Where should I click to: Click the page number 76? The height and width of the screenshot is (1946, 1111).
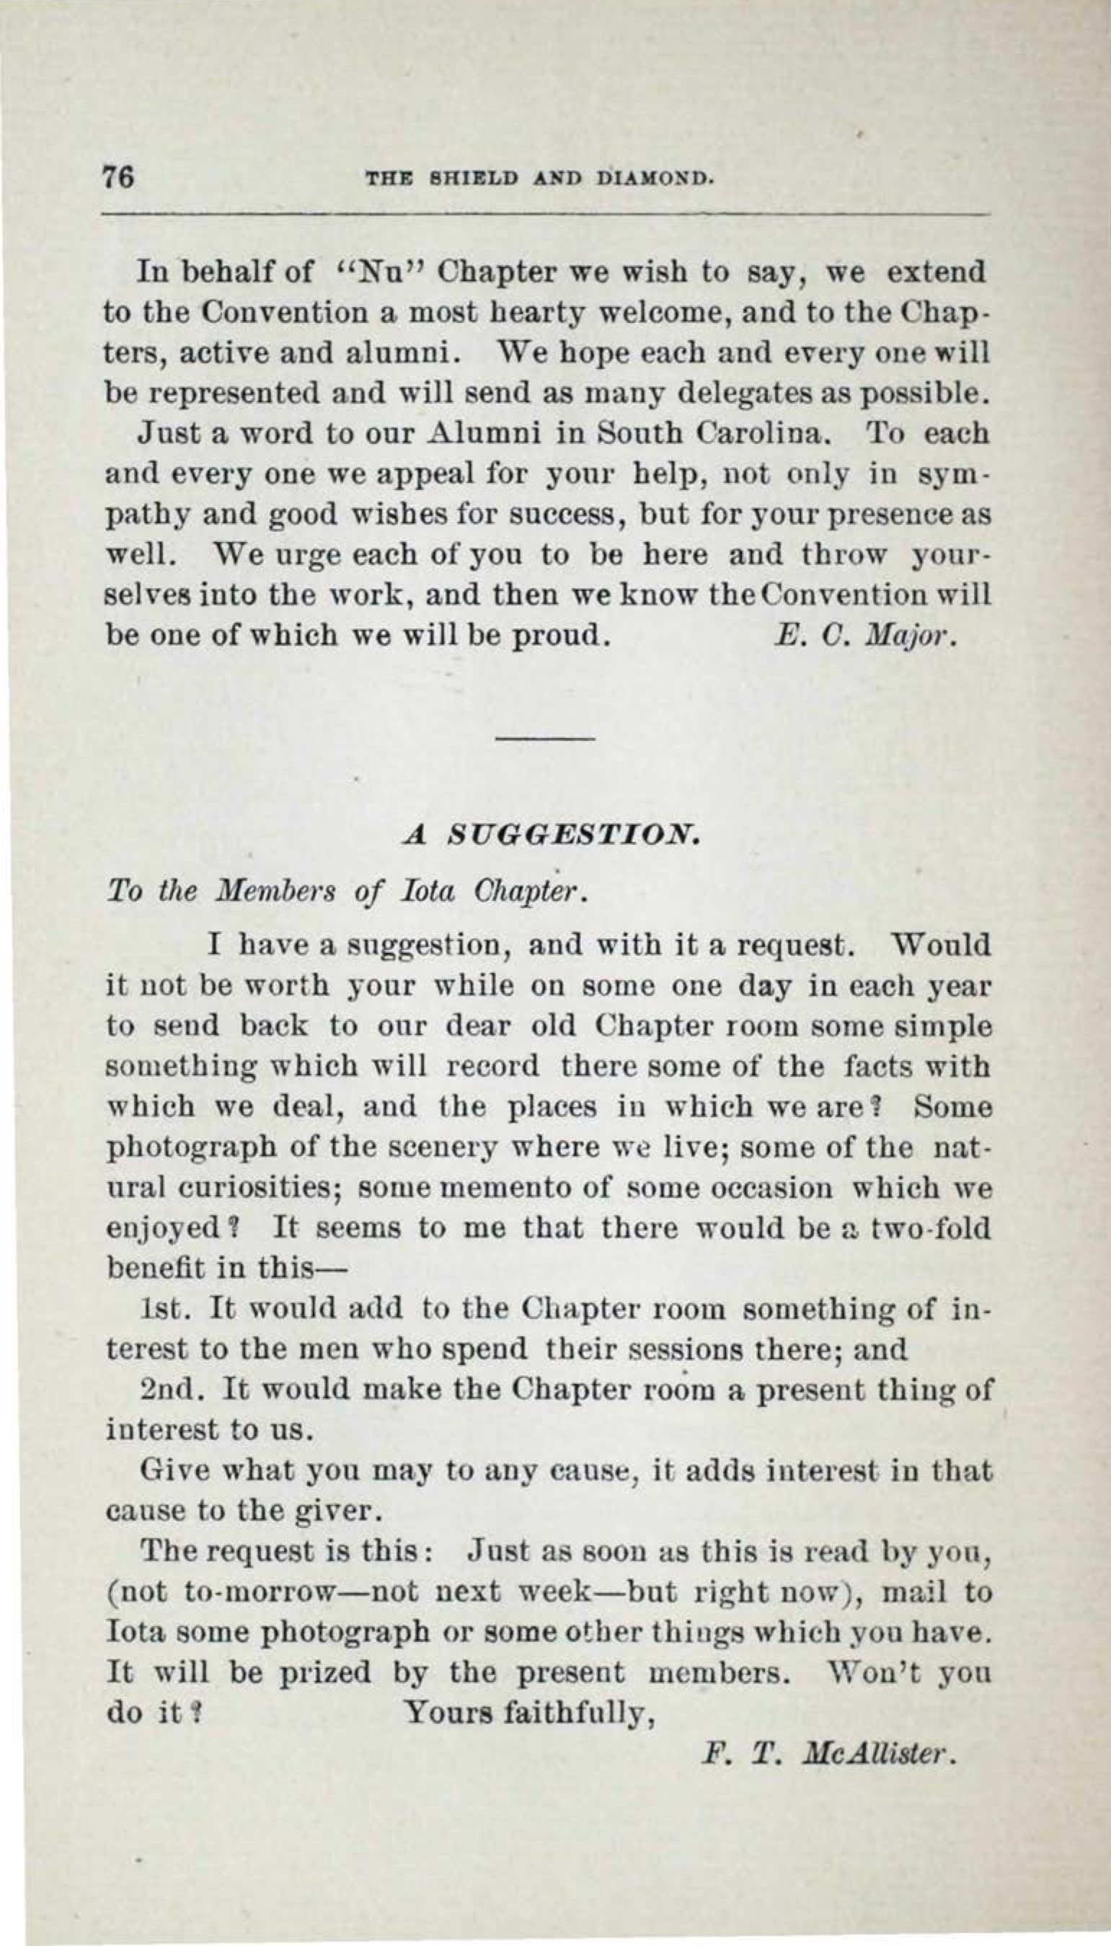119,177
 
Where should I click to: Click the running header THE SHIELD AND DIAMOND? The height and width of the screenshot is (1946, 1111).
540,179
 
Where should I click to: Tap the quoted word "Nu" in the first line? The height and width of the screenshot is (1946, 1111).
374,272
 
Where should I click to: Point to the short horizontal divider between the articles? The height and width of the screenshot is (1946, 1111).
545,739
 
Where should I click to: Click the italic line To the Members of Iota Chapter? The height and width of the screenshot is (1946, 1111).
348,891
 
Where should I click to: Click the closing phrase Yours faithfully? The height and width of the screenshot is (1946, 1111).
531,1713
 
